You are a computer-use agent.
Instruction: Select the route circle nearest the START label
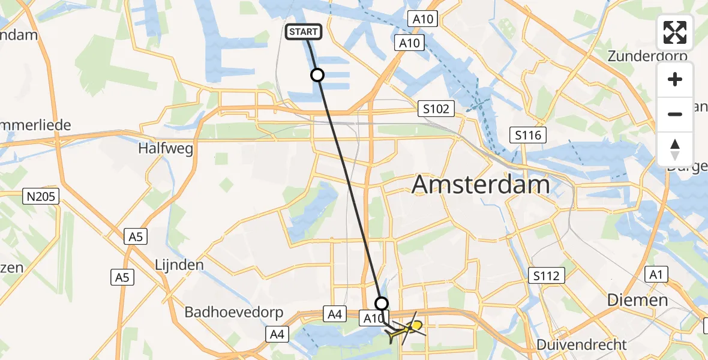(317, 75)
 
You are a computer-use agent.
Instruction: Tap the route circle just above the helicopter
(381, 303)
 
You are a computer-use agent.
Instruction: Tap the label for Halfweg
(166, 148)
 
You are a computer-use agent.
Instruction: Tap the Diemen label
(637, 300)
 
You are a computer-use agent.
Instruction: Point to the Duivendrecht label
(581, 345)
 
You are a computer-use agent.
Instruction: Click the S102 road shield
(436, 109)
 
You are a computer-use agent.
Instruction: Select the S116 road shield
(527, 136)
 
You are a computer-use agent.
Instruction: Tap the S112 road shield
(547, 276)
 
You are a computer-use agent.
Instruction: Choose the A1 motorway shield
(656, 275)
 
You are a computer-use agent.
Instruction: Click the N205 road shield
(41, 196)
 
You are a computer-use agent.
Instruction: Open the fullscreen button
(675, 32)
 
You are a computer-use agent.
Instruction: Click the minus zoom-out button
(675, 114)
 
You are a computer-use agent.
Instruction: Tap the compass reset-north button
(675, 149)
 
